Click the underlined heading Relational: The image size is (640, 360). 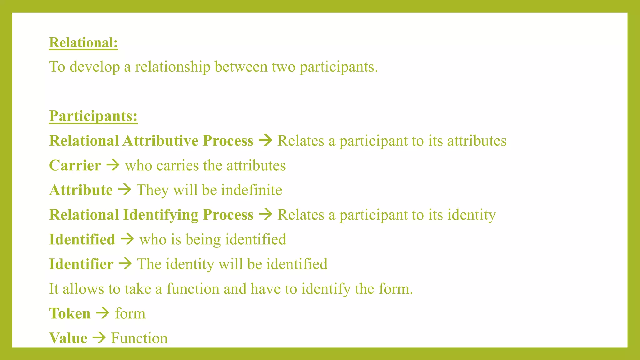[x=83, y=42]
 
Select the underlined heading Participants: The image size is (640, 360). [x=93, y=116]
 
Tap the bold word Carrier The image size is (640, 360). [x=75, y=165]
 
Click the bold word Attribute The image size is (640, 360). [x=81, y=190]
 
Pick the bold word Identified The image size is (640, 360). [x=82, y=239]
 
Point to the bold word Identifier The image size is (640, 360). [x=81, y=264]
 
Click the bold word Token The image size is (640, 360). [x=70, y=313]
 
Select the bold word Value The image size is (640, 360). [x=68, y=338]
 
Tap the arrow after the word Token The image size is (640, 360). [x=103, y=313]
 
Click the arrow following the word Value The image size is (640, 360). [x=99, y=338]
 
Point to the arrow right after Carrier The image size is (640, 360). [x=113, y=165]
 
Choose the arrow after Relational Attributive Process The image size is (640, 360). [x=266, y=140]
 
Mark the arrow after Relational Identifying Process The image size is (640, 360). [x=266, y=214]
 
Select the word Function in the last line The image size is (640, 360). [x=139, y=338]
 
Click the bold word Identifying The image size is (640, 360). [x=161, y=215]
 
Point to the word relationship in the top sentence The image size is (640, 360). [x=172, y=67]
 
